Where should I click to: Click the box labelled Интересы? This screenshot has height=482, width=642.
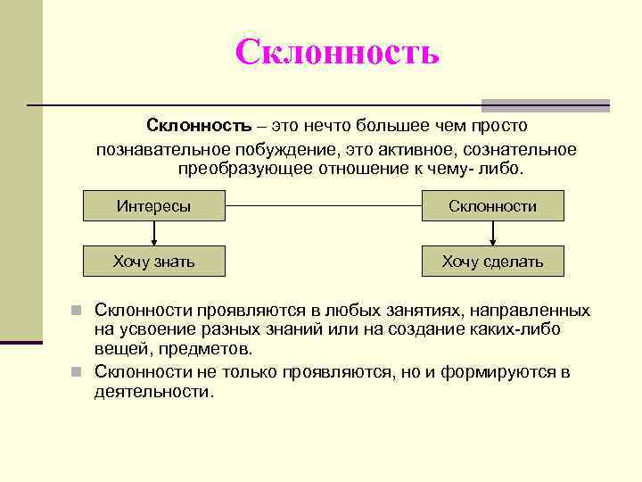point(153,206)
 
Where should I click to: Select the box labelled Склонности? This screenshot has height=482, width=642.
point(492,206)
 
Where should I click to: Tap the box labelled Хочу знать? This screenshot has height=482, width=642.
point(153,261)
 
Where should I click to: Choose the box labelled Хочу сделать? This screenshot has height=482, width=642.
point(492,261)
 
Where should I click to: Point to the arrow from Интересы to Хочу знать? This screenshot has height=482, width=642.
point(154,233)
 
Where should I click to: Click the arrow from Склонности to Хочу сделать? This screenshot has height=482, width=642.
point(492,233)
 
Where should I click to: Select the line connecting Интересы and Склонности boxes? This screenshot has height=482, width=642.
point(323,206)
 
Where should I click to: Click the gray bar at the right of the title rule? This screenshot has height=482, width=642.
point(546,104)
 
